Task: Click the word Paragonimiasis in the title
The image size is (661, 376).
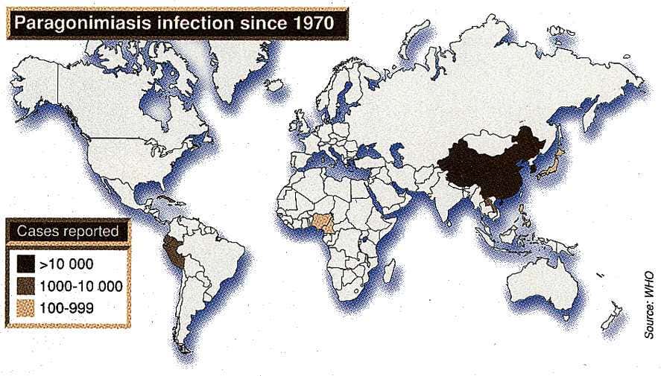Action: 75,23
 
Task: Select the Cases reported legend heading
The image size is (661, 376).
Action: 69,232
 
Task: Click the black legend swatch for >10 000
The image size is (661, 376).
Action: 27,264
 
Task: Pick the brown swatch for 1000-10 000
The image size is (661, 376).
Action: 27,285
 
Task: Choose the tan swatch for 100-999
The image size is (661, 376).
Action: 27,306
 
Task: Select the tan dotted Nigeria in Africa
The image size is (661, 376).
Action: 322,221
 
